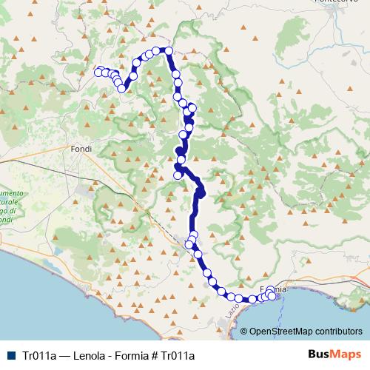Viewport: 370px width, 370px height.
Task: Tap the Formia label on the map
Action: click(x=271, y=289)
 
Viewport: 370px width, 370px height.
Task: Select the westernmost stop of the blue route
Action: click(x=99, y=72)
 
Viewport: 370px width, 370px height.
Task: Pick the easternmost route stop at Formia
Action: click(x=276, y=295)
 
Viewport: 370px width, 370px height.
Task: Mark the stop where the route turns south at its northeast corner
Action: click(x=169, y=50)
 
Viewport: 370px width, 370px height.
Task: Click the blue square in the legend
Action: click(x=13, y=355)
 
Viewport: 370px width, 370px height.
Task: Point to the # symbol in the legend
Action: click(x=149, y=355)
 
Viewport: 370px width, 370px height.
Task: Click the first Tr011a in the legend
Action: click(x=40, y=355)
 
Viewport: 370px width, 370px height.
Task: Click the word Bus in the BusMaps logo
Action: click(x=319, y=354)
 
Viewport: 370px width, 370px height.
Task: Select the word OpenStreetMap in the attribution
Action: click(x=282, y=332)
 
